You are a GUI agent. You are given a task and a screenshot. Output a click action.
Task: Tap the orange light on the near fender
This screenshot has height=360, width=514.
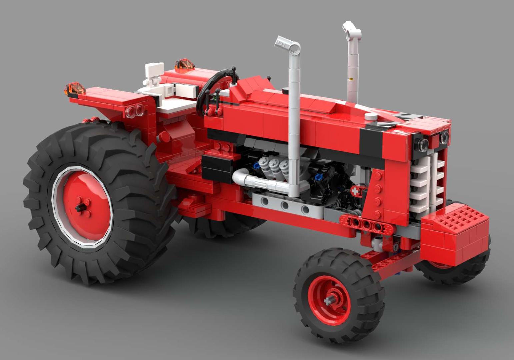pos(75,89)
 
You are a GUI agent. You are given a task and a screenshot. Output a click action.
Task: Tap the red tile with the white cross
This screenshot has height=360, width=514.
pos(356,191)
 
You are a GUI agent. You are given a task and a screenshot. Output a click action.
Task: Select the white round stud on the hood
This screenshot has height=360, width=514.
pos(371,116)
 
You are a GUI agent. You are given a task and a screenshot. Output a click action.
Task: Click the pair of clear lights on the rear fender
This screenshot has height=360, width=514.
pos(135,111)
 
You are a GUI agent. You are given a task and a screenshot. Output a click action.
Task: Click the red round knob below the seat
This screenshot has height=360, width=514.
pos(163,137)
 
